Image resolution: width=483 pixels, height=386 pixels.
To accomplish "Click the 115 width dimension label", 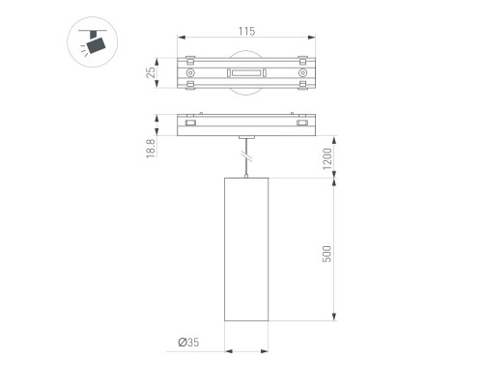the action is click(246, 32).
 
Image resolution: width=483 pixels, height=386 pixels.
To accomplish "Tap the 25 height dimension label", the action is click(151, 72).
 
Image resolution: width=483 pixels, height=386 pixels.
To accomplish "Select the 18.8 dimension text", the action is click(151, 149).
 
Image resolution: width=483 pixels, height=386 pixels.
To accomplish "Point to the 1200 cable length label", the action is click(327, 159).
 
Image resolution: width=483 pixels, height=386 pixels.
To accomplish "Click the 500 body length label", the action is click(327, 254).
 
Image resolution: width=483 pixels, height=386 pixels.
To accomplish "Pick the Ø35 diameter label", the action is click(188, 343).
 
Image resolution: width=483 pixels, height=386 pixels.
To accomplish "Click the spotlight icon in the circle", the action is click(93, 41).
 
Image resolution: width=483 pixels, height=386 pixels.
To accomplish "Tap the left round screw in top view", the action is click(190, 73).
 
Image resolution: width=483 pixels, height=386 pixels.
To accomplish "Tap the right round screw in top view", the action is click(302, 73).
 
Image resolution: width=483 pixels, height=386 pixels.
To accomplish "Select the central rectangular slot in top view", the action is click(246, 73).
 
